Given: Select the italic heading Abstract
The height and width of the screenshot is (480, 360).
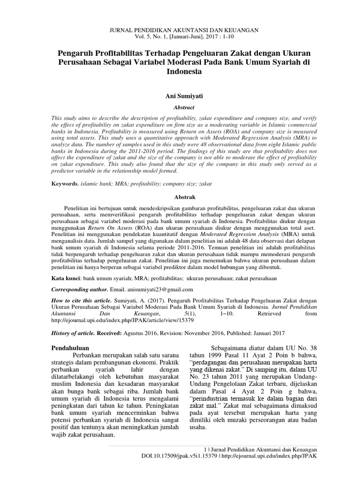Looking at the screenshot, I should click(180, 107).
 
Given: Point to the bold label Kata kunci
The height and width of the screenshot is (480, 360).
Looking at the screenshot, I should click(66, 278).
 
